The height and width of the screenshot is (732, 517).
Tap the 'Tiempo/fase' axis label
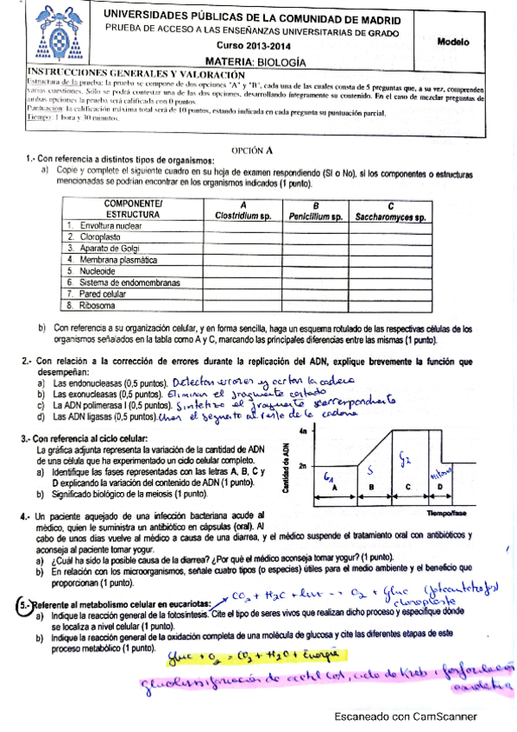[x=446, y=513]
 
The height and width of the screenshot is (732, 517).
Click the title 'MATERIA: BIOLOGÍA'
[x=255, y=61]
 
